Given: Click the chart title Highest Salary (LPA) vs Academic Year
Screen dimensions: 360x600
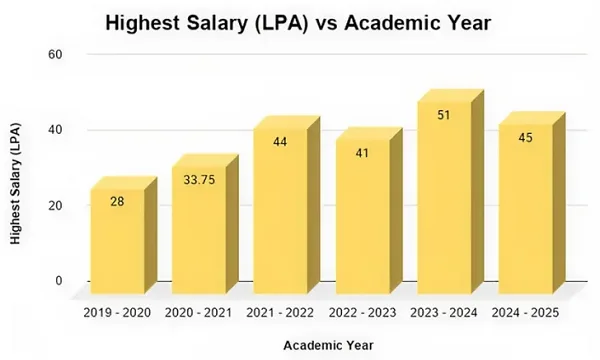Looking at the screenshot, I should (x=299, y=22).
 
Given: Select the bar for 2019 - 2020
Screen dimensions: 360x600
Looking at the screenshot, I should (x=117, y=240).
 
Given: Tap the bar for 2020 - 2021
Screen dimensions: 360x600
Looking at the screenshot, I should (x=199, y=230).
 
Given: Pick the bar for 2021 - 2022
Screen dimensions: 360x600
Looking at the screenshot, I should (x=280, y=210).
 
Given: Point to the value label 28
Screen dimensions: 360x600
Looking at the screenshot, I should (x=117, y=202).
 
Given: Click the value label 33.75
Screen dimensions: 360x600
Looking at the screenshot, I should (x=199, y=180).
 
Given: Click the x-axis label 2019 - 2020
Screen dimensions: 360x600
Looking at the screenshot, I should (x=117, y=313).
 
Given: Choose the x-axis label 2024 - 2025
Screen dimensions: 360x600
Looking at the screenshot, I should (x=525, y=313).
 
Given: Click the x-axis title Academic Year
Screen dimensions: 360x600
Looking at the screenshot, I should (x=328, y=345).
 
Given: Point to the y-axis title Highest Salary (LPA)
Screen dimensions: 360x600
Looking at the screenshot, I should (x=17, y=182).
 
